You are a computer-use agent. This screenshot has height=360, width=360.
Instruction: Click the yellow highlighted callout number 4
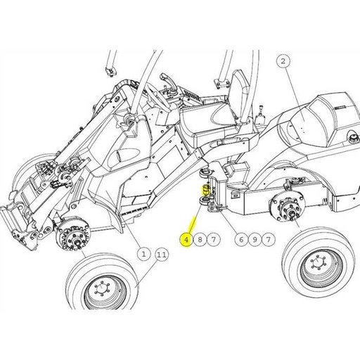tap(186, 240)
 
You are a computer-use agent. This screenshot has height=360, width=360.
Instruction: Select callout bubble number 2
tap(283, 62)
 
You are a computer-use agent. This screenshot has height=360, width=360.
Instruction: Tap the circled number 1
tap(143, 252)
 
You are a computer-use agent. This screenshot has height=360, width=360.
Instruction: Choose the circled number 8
tap(200, 240)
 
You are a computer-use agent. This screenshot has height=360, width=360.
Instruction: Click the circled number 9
tap(255, 240)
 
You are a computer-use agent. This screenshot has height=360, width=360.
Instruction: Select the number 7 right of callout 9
tap(269, 240)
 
